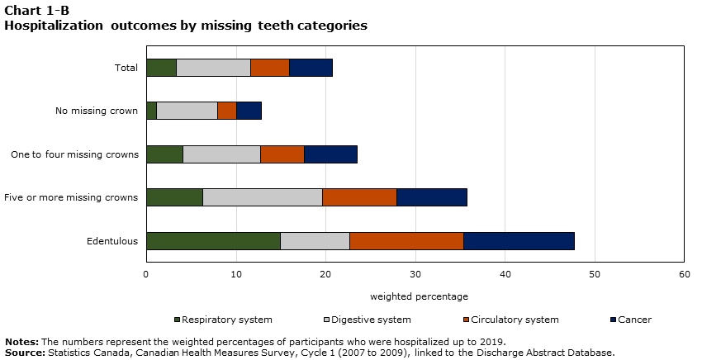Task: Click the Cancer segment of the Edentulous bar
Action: (x=519, y=241)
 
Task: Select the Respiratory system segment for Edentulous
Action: (x=213, y=241)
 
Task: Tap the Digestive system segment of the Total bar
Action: (x=213, y=68)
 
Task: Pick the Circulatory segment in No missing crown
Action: (x=227, y=111)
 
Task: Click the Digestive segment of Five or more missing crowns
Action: (x=263, y=197)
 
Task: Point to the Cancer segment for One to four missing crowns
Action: (x=330, y=154)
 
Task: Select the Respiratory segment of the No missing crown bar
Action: (x=151, y=111)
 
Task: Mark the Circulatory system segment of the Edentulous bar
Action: (x=406, y=241)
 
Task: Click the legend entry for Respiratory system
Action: (x=223, y=320)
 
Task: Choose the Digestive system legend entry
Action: (x=363, y=320)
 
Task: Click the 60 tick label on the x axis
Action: (x=684, y=274)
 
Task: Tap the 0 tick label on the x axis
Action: (x=146, y=274)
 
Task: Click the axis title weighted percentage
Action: (x=419, y=296)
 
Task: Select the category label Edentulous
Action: (x=112, y=241)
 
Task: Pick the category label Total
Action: (x=126, y=68)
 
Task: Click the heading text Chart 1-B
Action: (x=36, y=10)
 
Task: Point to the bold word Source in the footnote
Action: (x=24, y=353)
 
